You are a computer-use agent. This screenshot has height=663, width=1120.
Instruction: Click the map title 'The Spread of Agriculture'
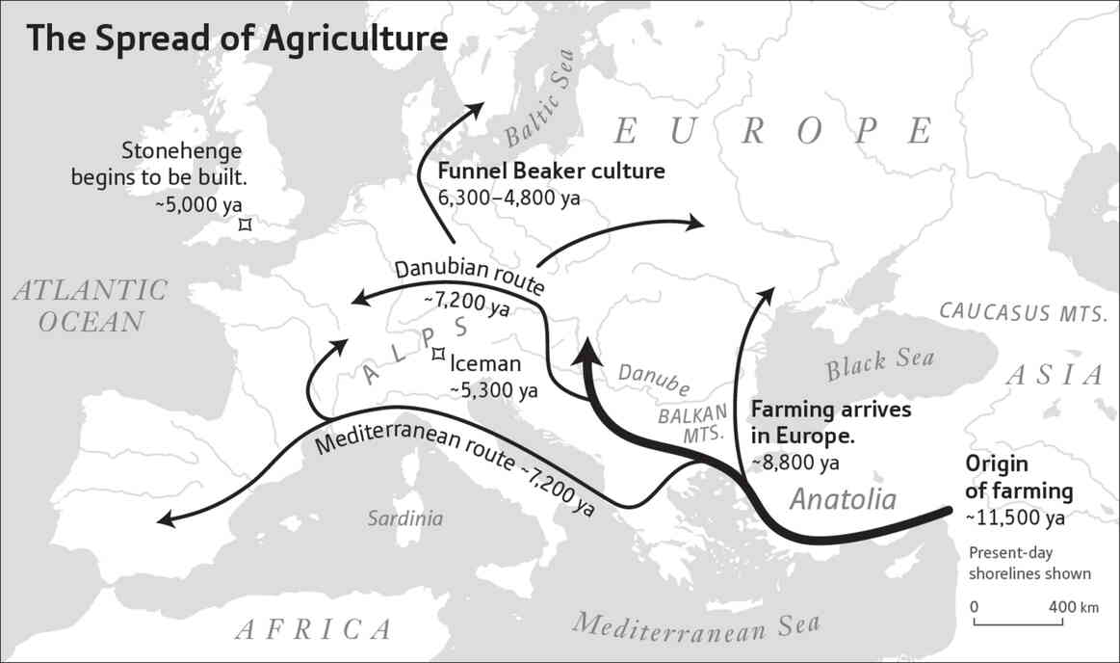point(237,39)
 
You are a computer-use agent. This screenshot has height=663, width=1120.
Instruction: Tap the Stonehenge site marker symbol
point(246,224)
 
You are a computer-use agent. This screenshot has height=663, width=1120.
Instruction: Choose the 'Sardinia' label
point(405,518)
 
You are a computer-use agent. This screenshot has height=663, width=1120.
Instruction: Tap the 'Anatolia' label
point(843,498)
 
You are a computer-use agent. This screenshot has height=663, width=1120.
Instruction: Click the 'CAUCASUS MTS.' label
point(1025,310)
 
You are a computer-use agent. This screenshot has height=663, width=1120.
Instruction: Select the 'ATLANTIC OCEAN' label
point(90,305)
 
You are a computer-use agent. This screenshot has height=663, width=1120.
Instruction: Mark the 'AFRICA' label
point(314,630)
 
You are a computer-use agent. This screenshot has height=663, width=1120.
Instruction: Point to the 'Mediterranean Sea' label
point(696,629)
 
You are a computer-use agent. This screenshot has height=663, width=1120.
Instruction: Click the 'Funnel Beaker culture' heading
point(552,172)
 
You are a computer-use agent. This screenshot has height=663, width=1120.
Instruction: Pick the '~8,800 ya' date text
point(794,463)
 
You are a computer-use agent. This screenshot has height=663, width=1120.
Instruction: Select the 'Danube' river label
point(654,379)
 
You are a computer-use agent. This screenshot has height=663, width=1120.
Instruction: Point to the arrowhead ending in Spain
point(165,521)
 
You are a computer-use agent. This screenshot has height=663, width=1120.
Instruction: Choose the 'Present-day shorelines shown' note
point(1029,564)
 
